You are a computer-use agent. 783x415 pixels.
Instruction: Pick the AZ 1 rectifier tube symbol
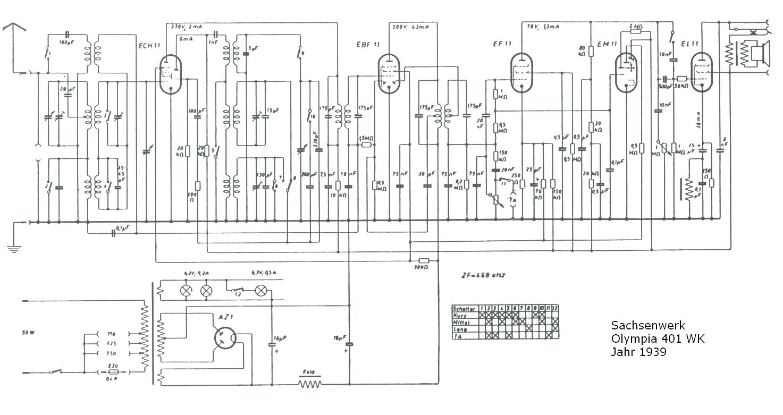pyautogui.click(x=225, y=337)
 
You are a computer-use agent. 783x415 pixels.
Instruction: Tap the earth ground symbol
pyautogui.click(x=12, y=247)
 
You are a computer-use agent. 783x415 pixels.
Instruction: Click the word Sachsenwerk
pyautogui.click(x=647, y=325)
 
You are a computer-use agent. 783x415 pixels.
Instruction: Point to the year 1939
pyautogui.click(x=653, y=351)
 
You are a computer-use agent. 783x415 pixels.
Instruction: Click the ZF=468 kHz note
pyautogui.click(x=483, y=275)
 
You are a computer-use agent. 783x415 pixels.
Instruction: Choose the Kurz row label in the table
pyautogui.click(x=460, y=315)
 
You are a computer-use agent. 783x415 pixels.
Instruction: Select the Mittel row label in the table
pyautogui.click(x=462, y=322)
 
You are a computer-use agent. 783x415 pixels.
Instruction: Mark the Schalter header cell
pyautogui.click(x=464, y=308)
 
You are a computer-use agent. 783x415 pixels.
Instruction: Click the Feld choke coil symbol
pyautogui.click(x=310, y=383)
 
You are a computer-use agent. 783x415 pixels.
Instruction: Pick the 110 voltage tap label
pyautogui.click(x=112, y=334)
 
